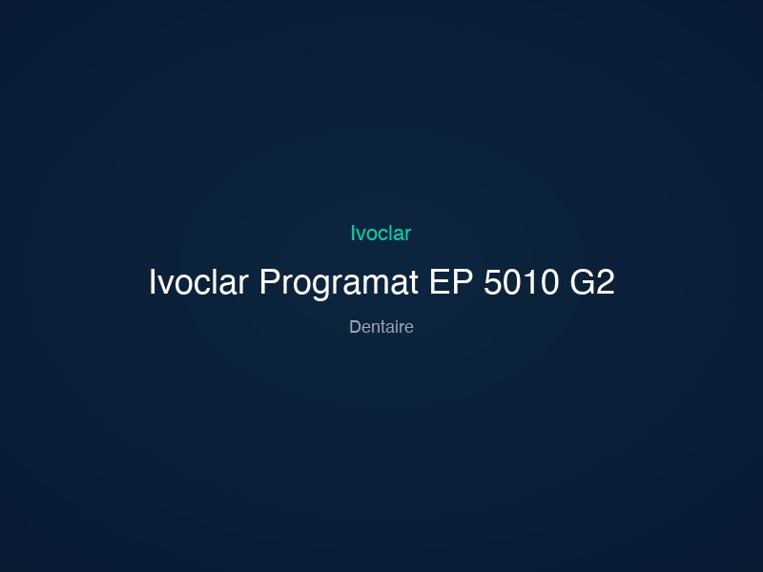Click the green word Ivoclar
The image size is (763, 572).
[x=381, y=233]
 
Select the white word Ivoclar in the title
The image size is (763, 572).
[x=199, y=283]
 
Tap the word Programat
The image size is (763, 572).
[x=340, y=283]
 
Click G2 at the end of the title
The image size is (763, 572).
[x=592, y=283]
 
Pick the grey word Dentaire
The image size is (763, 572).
[x=381, y=327]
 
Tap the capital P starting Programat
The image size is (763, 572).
[x=269, y=283]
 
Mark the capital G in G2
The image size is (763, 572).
[x=582, y=283]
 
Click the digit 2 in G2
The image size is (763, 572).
[x=605, y=283]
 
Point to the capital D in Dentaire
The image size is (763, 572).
[x=355, y=327]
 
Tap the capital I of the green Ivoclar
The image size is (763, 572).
[x=353, y=233]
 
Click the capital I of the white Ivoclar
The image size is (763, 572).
[x=153, y=283]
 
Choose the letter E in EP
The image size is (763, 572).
[x=441, y=283]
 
